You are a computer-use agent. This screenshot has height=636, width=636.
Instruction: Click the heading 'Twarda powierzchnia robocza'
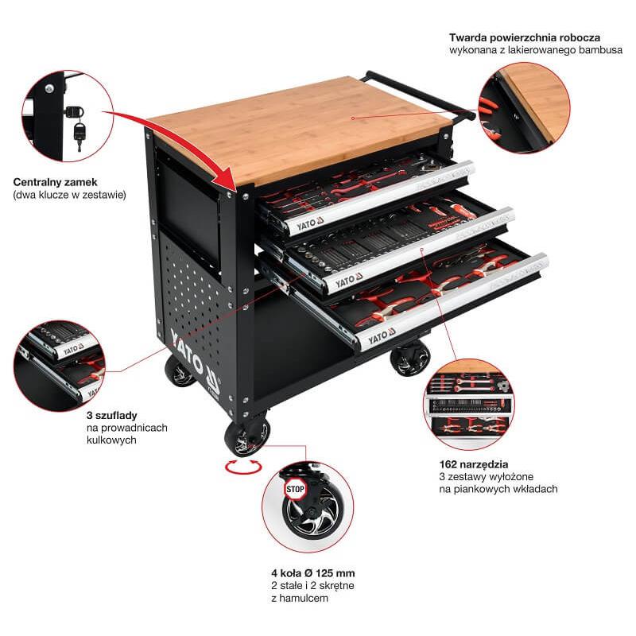click(525, 37)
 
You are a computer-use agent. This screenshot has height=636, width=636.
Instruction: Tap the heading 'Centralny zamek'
click(55, 182)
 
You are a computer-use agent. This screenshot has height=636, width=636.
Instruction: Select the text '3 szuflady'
click(111, 415)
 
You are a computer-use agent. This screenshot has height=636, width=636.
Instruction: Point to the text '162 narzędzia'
click(473, 464)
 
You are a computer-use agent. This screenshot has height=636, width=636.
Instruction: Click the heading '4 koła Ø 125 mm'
click(313, 573)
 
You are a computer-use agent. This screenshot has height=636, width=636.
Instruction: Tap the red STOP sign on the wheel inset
click(295, 489)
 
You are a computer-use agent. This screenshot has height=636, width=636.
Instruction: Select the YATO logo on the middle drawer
click(349, 281)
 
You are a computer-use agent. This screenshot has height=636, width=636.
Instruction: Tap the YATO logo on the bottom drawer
click(382, 335)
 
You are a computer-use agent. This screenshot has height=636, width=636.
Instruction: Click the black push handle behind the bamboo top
click(420, 95)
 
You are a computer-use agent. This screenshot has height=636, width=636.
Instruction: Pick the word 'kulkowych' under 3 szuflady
click(111, 440)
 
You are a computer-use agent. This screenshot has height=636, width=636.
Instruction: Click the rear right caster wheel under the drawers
click(409, 358)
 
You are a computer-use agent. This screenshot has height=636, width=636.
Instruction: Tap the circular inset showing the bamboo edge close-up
click(524, 107)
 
